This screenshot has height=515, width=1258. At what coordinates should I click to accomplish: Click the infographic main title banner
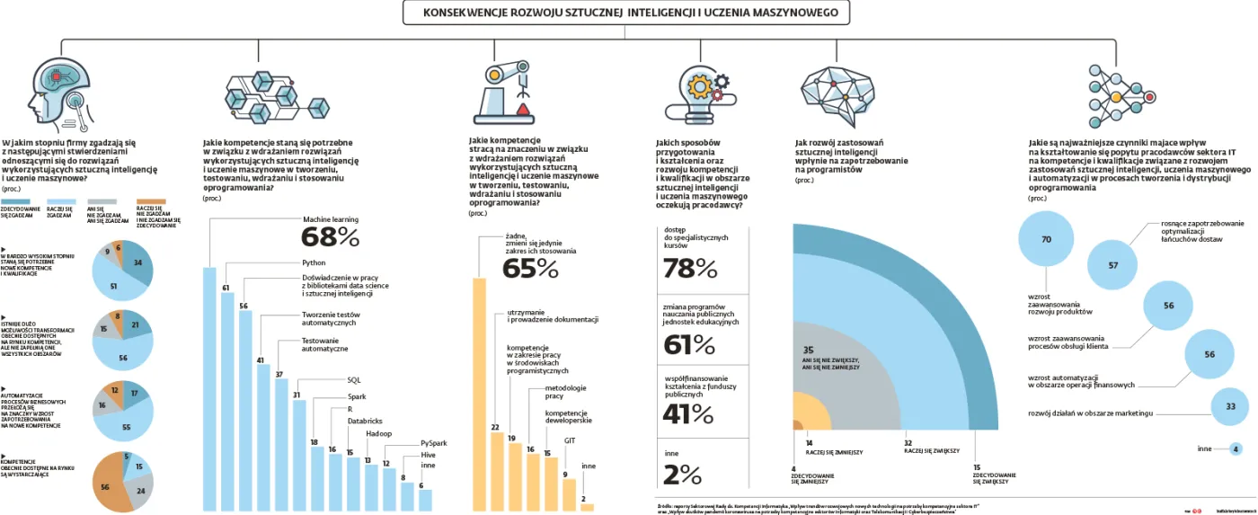[x=625, y=13]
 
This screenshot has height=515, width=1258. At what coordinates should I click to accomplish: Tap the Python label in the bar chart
[x=314, y=262]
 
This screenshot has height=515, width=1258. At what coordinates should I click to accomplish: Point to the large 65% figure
[x=530, y=269]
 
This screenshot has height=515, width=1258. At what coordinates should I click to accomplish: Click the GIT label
[x=570, y=440]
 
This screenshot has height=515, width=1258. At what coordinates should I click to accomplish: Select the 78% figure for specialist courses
[x=690, y=269]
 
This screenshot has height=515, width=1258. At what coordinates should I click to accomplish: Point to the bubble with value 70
[x=1045, y=240]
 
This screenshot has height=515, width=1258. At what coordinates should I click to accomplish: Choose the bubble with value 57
[x=1113, y=265]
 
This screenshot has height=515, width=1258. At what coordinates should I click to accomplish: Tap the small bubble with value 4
[x=1236, y=448]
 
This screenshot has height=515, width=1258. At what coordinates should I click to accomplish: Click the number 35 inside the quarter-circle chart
[x=808, y=350]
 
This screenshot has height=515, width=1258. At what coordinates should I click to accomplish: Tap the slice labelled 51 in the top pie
[x=114, y=286]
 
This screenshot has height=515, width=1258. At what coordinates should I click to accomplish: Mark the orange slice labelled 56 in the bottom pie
[x=106, y=486]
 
